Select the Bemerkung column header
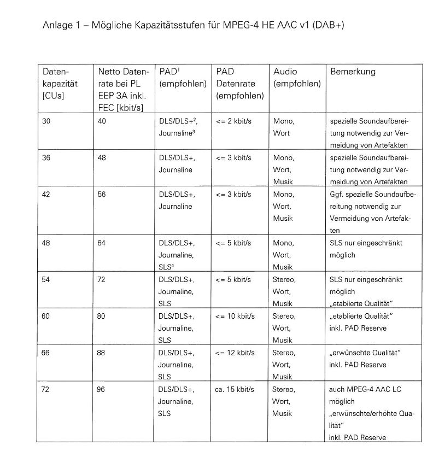click(x=353, y=72)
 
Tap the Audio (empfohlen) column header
click(x=297, y=78)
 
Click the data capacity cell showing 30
click(x=46, y=121)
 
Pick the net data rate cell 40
click(x=102, y=121)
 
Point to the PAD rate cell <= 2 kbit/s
click(x=233, y=121)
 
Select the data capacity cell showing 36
click(x=46, y=158)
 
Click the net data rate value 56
click(x=102, y=195)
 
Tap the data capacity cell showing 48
click(x=46, y=243)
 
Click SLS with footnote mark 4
click(x=165, y=267)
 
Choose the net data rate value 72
click(x=102, y=279)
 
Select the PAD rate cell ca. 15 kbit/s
click(x=235, y=390)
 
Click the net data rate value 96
click(x=102, y=390)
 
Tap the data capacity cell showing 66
click(x=46, y=353)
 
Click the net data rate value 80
click(x=102, y=316)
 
